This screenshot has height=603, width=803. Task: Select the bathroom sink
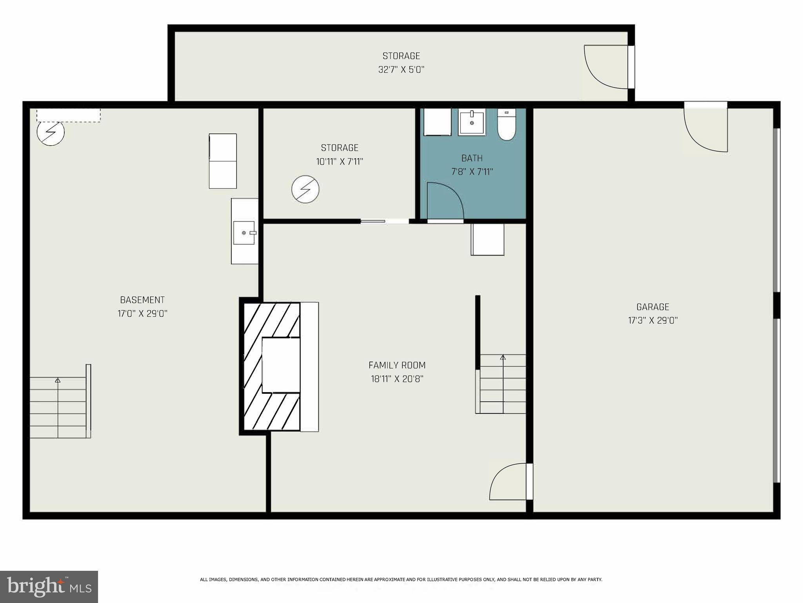click(472, 122)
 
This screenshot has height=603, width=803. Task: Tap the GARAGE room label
click(652, 307)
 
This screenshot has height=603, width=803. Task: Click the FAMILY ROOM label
click(397, 365)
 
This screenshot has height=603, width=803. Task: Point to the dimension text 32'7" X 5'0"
click(401, 70)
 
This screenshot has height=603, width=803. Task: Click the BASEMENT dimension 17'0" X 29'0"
click(142, 314)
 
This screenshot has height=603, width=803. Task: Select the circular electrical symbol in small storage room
click(305, 189)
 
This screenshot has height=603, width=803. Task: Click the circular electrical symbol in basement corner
click(51, 132)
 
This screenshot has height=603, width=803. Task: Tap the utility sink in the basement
click(244, 233)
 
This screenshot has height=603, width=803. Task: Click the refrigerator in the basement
click(223, 161)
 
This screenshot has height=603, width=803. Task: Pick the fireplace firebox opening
click(280, 365)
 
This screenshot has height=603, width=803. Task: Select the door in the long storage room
click(606, 67)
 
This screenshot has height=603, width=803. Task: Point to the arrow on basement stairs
click(58, 380)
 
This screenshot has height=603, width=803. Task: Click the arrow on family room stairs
click(503, 357)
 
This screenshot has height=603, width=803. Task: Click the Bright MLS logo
click(49, 587)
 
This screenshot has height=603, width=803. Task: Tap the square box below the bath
click(487, 239)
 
